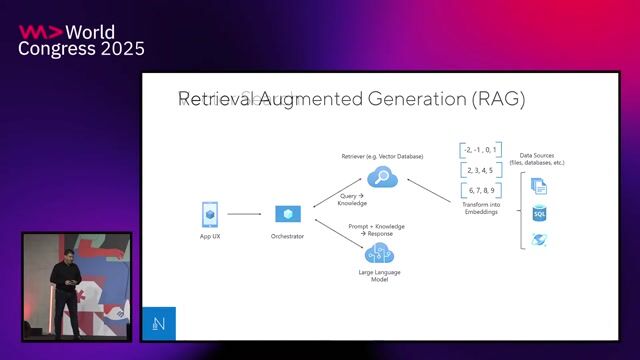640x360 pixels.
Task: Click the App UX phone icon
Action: [x=210, y=214]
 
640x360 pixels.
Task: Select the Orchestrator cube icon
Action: [x=288, y=214]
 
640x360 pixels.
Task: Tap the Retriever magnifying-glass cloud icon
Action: [x=382, y=177]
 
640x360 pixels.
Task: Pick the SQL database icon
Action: [x=540, y=213]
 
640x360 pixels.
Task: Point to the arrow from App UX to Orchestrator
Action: [x=244, y=214]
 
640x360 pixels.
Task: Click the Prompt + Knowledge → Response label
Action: [x=376, y=230]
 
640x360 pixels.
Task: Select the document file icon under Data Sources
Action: [x=539, y=185]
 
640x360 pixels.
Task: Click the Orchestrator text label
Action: [x=288, y=236]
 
